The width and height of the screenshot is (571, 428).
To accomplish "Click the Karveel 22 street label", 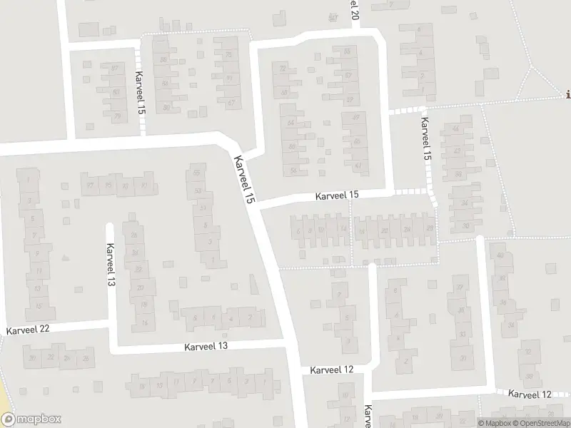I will click(29, 330).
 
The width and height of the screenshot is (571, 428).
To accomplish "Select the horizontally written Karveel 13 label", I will click(206, 346).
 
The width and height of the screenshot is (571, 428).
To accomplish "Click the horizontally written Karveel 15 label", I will click(338, 195).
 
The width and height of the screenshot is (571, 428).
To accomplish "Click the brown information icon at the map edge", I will click(567, 94).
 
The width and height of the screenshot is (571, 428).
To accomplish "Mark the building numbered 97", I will click(90, 185).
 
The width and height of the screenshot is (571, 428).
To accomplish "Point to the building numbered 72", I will click(283, 68).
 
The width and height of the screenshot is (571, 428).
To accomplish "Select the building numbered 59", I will click(349, 99).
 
